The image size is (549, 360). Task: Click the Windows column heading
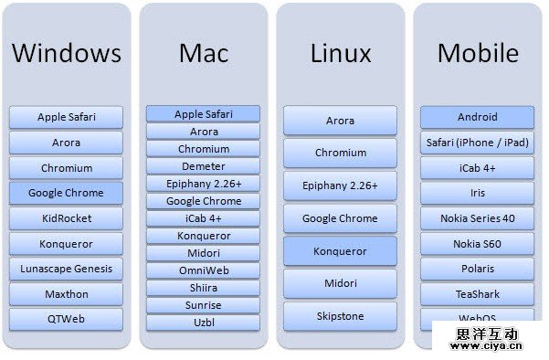pos(67,53)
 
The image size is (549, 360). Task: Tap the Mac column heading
pos(204,53)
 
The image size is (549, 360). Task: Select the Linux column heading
pos(341,53)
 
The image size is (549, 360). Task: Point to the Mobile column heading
pos(478,53)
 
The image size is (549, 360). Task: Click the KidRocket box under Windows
pos(66,218)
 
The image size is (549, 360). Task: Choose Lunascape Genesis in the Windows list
pos(66,269)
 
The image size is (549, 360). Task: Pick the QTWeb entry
pos(66,319)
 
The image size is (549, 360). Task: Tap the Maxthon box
pos(66,294)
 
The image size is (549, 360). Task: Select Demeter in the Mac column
pos(203,166)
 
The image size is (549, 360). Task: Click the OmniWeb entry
pos(203,270)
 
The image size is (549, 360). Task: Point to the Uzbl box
pos(203,323)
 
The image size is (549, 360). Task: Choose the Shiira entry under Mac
pos(203,288)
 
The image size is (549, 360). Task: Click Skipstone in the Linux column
pos(341,316)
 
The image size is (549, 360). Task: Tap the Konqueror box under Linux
pos(341,251)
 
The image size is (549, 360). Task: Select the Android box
pos(477,117)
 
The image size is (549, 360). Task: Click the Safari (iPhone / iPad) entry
pos(477,143)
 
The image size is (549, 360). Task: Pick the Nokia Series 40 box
pos(477,218)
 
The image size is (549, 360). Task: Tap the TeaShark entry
pos(477,294)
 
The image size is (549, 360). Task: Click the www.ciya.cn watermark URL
pos(486,346)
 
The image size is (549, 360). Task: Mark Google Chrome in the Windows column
pos(66,193)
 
